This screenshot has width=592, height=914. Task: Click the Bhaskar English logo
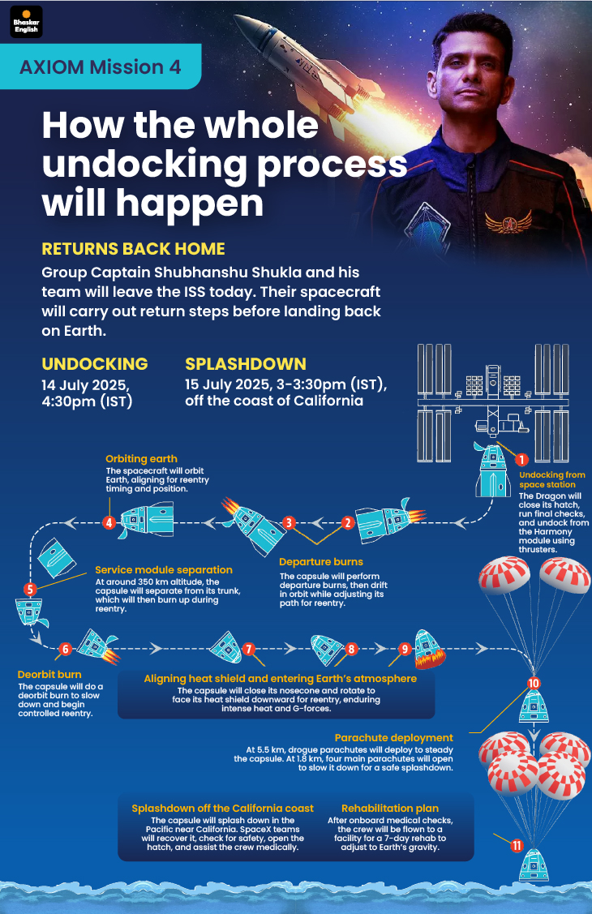pyautogui.click(x=26, y=22)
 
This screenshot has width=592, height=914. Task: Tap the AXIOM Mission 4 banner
pyautogui.click(x=101, y=67)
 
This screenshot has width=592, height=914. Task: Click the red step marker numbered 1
pyautogui.click(x=522, y=460)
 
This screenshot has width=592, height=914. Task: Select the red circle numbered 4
pyautogui.click(x=109, y=522)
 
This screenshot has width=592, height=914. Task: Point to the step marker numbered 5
pyautogui.click(x=30, y=590)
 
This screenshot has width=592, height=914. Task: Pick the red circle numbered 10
pyautogui.click(x=534, y=683)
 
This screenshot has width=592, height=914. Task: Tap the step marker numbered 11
pyautogui.click(x=517, y=845)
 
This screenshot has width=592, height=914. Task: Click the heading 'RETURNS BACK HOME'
pyautogui.click(x=134, y=249)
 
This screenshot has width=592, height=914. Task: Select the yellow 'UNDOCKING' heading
pyautogui.click(x=94, y=363)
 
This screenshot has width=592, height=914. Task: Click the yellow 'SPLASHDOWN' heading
pyautogui.click(x=245, y=363)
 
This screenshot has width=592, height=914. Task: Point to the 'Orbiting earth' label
pyautogui.click(x=141, y=459)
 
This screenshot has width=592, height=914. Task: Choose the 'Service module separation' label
pyautogui.click(x=164, y=570)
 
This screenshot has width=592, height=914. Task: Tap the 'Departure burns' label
pyautogui.click(x=321, y=562)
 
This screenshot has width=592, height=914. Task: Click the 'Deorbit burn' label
pyautogui.click(x=49, y=675)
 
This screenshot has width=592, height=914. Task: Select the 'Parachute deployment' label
pyautogui.click(x=394, y=738)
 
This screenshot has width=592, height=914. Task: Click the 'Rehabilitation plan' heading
pyautogui.click(x=390, y=809)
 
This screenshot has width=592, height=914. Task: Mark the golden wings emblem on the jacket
pyautogui.click(x=508, y=222)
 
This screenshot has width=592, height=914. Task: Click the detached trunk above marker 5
pyautogui.click(x=56, y=558)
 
